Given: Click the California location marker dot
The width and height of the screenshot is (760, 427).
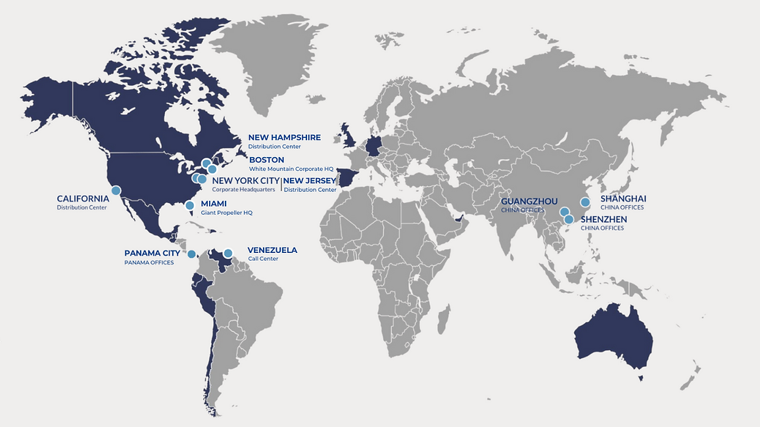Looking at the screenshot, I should coord(116,191).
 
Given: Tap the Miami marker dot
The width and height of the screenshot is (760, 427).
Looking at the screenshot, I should coord(189,206).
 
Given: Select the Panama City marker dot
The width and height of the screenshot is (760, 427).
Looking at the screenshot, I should coord(191,254).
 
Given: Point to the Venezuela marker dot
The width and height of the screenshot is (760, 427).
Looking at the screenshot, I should coord(228,253).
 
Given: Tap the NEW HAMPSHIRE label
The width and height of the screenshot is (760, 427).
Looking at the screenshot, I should coord(284,137).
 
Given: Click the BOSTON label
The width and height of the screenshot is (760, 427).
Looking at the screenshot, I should coord(266,160).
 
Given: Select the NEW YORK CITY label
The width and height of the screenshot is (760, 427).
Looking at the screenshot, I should coord(245,181).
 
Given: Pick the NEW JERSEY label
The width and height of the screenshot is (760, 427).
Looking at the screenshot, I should coord(310,181).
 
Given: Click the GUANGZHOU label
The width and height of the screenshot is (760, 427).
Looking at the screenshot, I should coord(529,201).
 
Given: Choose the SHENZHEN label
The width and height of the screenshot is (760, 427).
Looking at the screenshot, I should coord(604,219).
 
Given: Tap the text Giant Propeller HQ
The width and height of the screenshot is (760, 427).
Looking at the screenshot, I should coord(226,213).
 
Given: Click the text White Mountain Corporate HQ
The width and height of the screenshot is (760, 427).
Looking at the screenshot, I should coord(291,169).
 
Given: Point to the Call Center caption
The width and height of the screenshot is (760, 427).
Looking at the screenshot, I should coord(262,259).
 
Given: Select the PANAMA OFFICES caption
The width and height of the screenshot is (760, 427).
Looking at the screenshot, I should coord(149,263).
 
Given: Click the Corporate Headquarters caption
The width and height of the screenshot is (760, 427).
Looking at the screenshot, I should coord(243,190).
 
